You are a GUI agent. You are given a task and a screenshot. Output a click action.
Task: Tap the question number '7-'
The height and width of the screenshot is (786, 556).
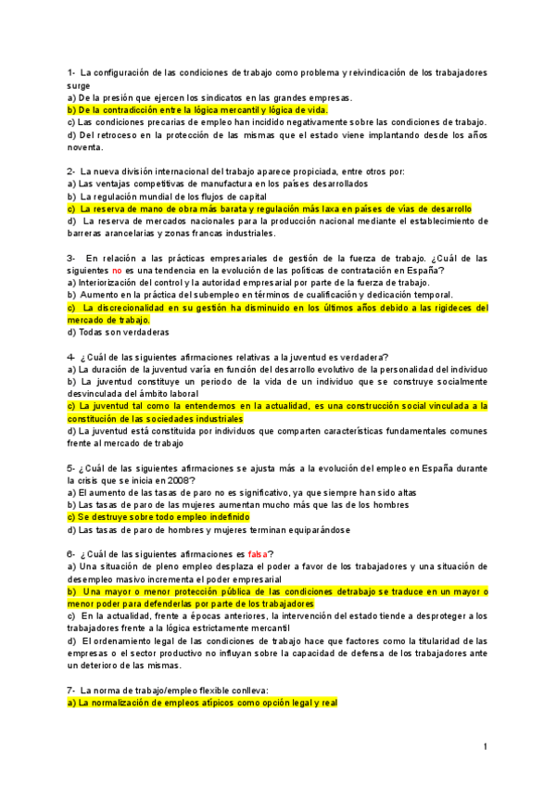point(72,691)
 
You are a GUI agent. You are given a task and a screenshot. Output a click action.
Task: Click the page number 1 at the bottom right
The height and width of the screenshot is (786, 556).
point(485,746)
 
